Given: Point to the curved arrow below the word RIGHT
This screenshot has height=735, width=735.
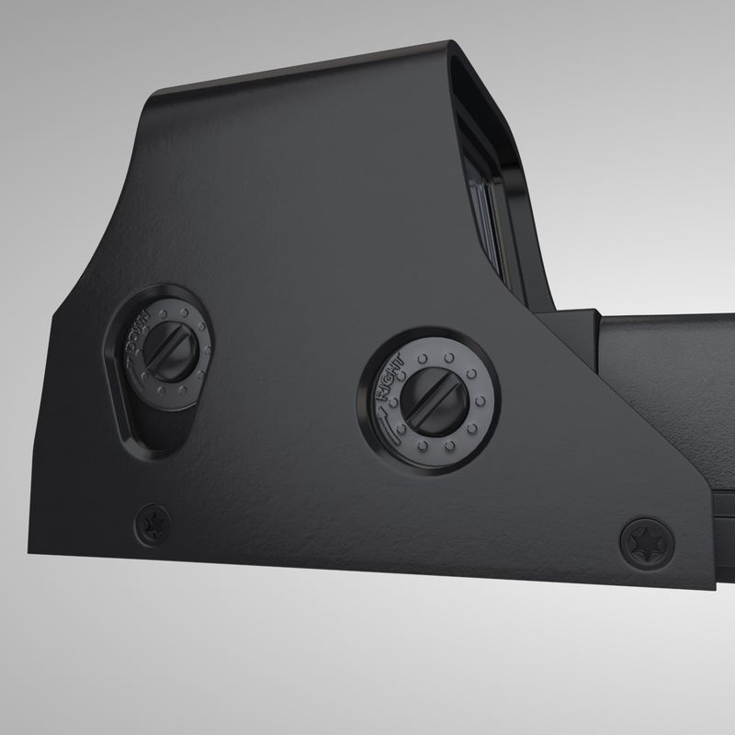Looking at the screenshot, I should pos(389,414).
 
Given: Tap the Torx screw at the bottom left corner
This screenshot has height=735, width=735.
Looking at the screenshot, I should pos(152,526).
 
